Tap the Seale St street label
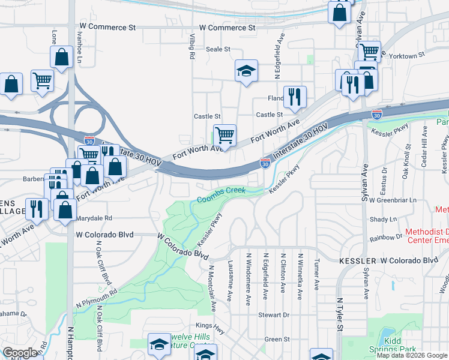(x=218, y=49)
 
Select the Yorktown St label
(x=408, y=55)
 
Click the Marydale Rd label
(x=95, y=218)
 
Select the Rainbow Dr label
(x=386, y=238)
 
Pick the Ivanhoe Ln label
(x=79, y=47)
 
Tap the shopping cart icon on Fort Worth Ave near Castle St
(x=224, y=134)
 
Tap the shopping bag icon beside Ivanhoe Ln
(x=62, y=57)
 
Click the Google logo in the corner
(x=20, y=353)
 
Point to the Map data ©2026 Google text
(x=412, y=355)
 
